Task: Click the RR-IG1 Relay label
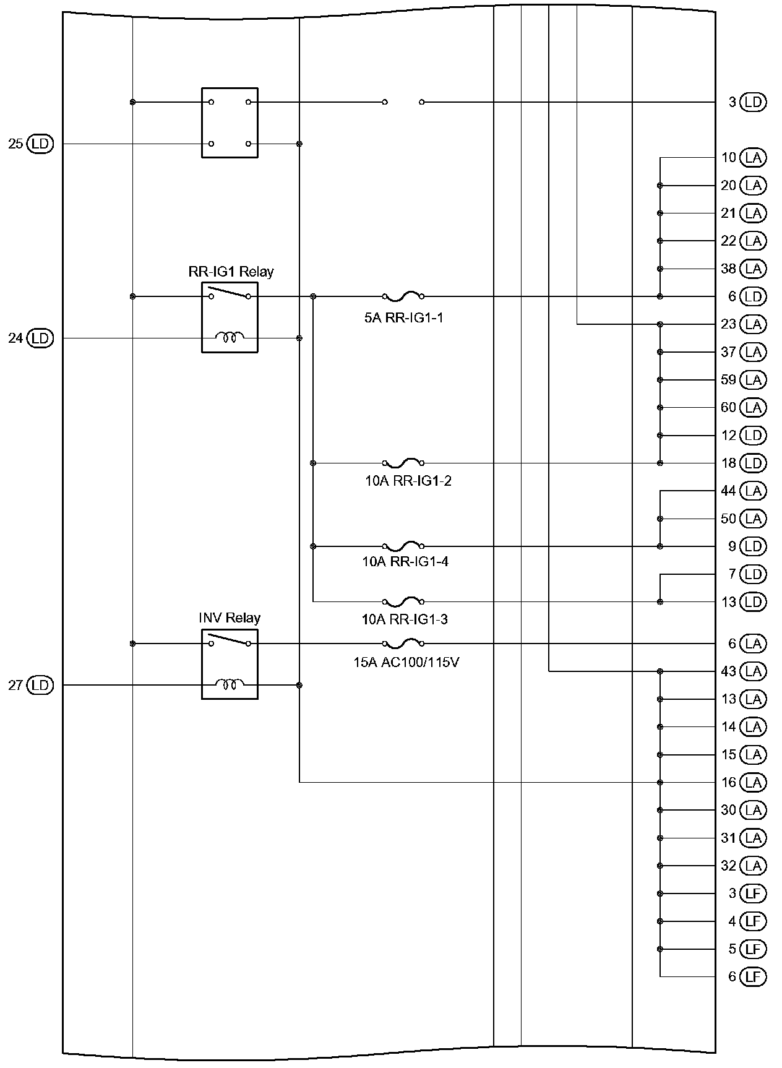pyautogui.click(x=231, y=272)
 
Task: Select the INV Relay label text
pyautogui.click(x=230, y=618)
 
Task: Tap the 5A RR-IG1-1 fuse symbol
pyautogui.click(x=403, y=296)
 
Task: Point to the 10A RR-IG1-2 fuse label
pyautogui.click(x=408, y=481)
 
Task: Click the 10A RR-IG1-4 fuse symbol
pyautogui.click(x=403, y=546)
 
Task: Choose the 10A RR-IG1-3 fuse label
pyautogui.click(x=405, y=619)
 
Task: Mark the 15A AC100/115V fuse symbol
pyautogui.click(x=403, y=643)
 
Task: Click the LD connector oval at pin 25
pyautogui.click(x=41, y=144)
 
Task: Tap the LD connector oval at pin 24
pyautogui.click(x=41, y=338)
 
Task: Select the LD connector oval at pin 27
pyautogui.click(x=41, y=686)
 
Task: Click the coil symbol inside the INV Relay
pyautogui.click(x=230, y=684)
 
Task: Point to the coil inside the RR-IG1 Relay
pyautogui.click(x=230, y=337)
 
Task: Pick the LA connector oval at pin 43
pyautogui.click(x=753, y=671)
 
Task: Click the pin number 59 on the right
pyautogui.click(x=728, y=380)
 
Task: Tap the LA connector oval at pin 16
pyautogui.click(x=753, y=783)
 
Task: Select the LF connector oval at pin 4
pyautogui.click(x=753, y=921)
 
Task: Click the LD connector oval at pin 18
pyautogui.click(x=753, y=463)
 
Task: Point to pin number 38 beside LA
pyautogui.click(x=728, y=269)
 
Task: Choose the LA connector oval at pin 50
pyautogui.click(x=753, y=519)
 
